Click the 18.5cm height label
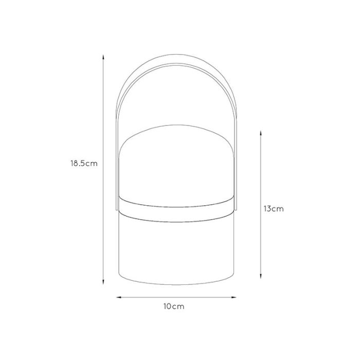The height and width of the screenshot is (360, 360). [x=84, y=164]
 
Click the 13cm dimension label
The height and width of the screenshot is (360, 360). [x=274, y=209]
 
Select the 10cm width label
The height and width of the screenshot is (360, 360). [x=174, y=307]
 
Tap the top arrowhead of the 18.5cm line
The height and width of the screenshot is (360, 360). [x=103, y=57]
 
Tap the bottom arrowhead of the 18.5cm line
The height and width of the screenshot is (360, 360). [x=103, y=282]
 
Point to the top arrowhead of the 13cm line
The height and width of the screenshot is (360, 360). [x=261, y=133]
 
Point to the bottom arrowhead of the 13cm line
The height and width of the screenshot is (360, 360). [x=261, y=276]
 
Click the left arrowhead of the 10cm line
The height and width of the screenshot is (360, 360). [x=119, y=298]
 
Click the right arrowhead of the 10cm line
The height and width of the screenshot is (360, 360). [x=233, y=298]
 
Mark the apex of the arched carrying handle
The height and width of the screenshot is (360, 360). [x=176, y=55]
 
